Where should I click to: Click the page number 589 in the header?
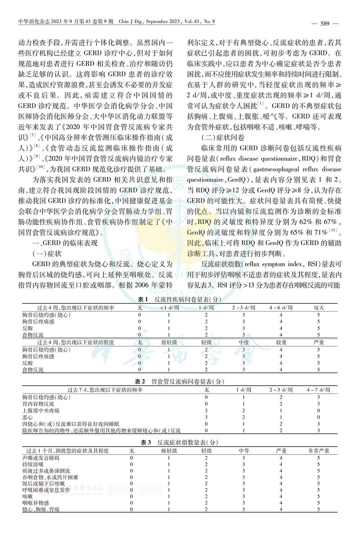(x=325, y=24)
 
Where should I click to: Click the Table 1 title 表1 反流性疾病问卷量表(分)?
(x=180, y=299)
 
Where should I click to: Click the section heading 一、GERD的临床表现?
(x=65, y=243)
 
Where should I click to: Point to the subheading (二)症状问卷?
(x=223, y=138)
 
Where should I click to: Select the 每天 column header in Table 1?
(x=319, y=308)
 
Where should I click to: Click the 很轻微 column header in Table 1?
(x=169, y=342)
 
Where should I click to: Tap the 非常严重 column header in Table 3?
(x=319, y=451)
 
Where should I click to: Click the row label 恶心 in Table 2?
(x=27, y=417)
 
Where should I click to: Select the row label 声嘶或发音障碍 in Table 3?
(x=41, y=458)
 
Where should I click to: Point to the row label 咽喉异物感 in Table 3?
(x=35, y=503)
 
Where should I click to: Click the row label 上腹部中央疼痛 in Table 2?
(x=41, y=411)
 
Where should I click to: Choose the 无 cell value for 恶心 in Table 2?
(x=206, y=417)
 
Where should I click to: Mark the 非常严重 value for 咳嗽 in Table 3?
(x=319, y=496)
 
